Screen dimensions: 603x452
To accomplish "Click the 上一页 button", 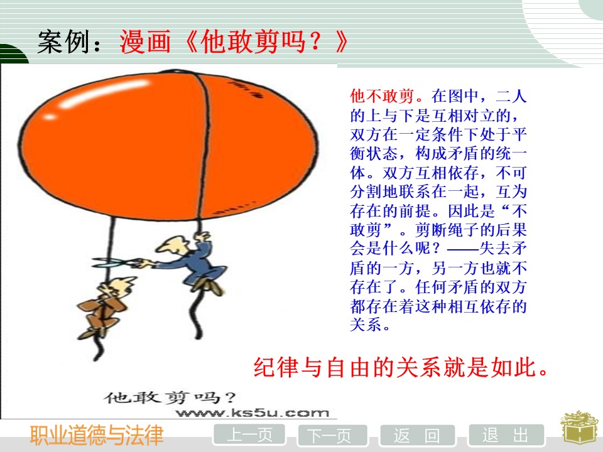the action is tap(249, 436).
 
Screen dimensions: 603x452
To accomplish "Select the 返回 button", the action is tap(417, 436).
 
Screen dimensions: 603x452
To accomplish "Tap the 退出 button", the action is tap(506, 436).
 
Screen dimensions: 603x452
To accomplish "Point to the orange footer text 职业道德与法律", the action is tap(97, 436).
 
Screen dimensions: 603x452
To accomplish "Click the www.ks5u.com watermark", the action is tap(253, 413).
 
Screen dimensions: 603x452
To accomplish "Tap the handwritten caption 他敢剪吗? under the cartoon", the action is tap(170, 397).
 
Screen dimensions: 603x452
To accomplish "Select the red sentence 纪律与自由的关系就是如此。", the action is tap(401, 367).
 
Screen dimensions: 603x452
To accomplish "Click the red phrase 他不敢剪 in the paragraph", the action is tap(382, 96).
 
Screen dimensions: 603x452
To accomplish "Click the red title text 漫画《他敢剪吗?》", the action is tap(234, 41).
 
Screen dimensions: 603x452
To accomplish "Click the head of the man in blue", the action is tap(173, 246).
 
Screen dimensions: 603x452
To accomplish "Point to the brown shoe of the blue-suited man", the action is tap(208, 285).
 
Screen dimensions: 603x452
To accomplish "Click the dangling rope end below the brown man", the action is tap(99, 352).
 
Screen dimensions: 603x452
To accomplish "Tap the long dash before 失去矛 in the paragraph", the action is tap(463, 249).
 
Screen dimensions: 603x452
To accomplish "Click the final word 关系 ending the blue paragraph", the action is tap(366, 325).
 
